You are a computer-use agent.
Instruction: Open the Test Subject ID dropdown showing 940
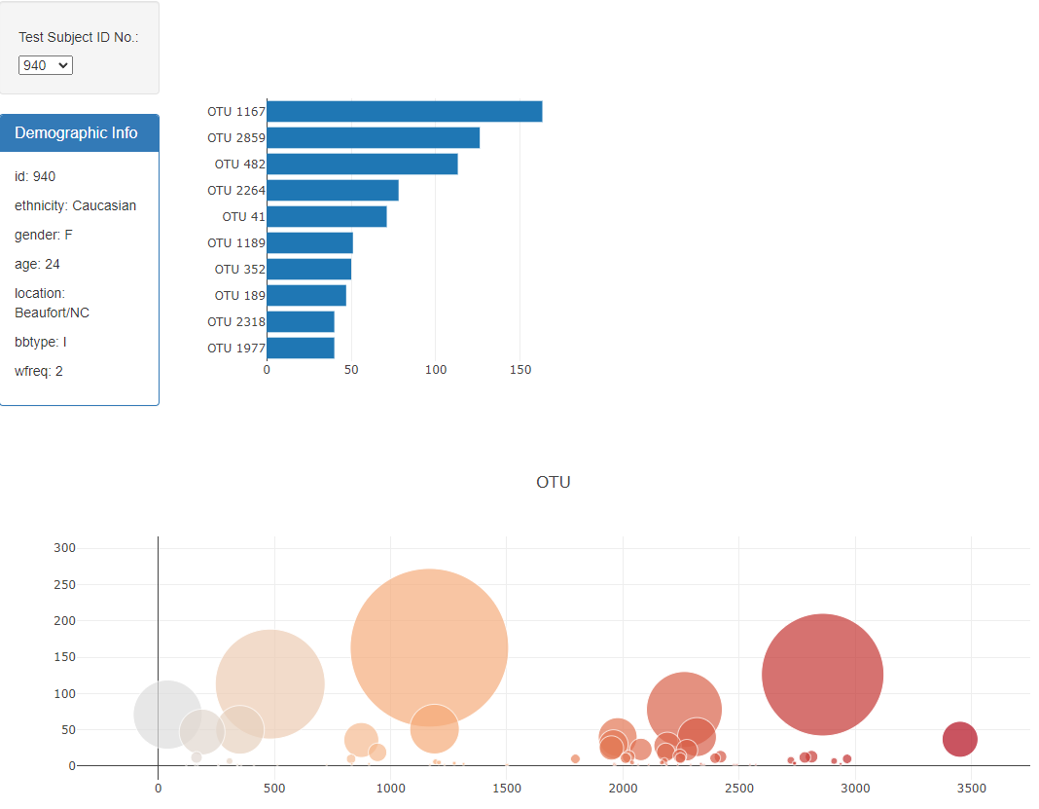[46, 65]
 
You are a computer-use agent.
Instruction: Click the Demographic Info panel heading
[76, 133]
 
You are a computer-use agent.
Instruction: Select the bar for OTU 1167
[404, 112]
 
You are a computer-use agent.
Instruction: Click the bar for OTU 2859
[373, 138]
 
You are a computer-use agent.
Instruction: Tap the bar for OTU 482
[362, 165]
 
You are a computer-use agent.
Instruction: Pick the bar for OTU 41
[327, 216]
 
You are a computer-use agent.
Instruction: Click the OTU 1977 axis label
[235, 348]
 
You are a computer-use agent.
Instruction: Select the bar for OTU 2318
[301, 321]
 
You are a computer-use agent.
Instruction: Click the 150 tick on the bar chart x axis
[519, 370]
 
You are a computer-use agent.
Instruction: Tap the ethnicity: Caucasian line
[75, 205]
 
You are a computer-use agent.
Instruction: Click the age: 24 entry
[37, 264]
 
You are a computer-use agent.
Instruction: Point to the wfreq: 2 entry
[39, 371]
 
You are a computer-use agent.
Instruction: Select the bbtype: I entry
[41, 342]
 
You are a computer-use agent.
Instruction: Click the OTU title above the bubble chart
[553, 482]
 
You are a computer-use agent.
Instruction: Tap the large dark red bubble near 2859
[822, 674]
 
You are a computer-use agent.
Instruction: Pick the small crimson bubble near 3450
[959, 739]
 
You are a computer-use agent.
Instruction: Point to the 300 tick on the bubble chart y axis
[65, 548]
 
